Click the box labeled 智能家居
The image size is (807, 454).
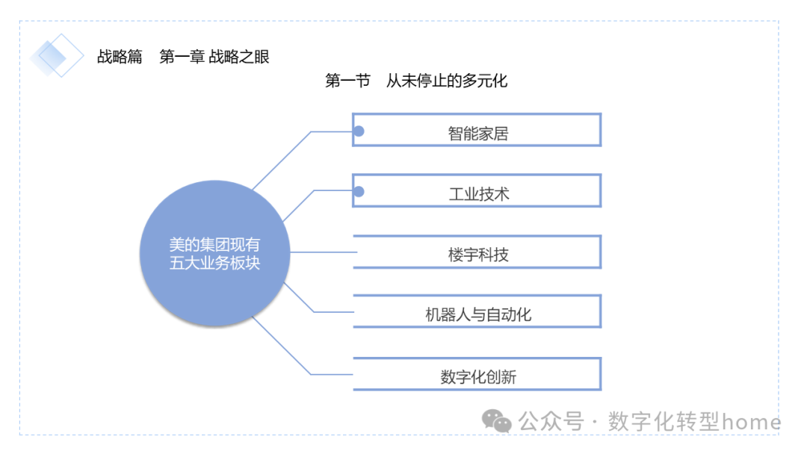[x=477, y=131]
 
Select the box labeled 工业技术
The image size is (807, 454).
[x=477, y=191]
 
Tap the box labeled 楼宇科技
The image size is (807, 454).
[x=477, y=252]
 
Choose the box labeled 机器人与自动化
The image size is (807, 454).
[x=477, y=312]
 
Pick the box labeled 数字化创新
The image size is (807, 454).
[x=477, y=374]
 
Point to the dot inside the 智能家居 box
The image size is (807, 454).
[x=359, y=131]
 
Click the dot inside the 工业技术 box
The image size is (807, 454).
[x=359, y=192]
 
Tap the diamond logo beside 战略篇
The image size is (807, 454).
[x=57, y=56]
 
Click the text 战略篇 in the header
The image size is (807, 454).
[x=120, y=57]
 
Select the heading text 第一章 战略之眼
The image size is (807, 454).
[x=214, y=57]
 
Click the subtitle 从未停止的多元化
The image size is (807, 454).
[x=447, y=81]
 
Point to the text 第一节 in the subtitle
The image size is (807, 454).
[x=347, y=81]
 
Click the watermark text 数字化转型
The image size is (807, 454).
[x=664, y=422]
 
